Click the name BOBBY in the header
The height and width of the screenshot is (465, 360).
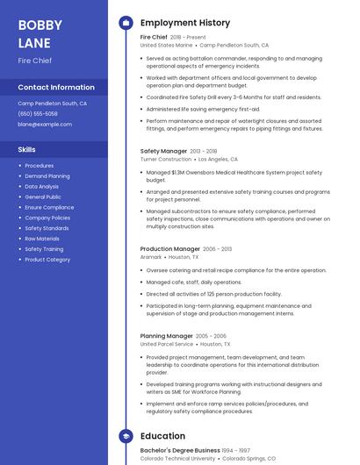tap(39, 25)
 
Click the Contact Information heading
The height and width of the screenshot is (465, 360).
tap(56, 88)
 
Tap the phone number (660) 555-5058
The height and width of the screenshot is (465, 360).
tap(38, 114)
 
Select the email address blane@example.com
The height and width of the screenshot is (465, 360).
tap(45, 125)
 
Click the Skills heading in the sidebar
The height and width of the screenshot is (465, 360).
tap(27, 150)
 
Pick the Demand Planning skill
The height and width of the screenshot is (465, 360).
tap(47, 176)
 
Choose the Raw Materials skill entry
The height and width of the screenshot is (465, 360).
tap(42, 239)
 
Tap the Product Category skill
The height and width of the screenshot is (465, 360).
tap(47, 260)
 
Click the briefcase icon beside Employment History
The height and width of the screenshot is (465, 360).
tap(126, 23)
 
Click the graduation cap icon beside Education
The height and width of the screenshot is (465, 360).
tap(126, 435)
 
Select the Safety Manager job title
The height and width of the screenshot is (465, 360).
tap(163, 151)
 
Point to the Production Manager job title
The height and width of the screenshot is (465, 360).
tap(169, 249)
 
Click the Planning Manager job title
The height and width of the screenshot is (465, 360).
tap(167, 336)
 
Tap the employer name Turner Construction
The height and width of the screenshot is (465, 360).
tap(166, 160)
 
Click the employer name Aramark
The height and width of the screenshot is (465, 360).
tap(151, 257)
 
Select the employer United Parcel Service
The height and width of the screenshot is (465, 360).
tap(167, 345)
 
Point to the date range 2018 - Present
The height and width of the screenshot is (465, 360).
tap(188, 38)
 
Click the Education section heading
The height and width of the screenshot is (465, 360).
tap(162, 435)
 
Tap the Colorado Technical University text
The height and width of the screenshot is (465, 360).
tap(178, 458)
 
